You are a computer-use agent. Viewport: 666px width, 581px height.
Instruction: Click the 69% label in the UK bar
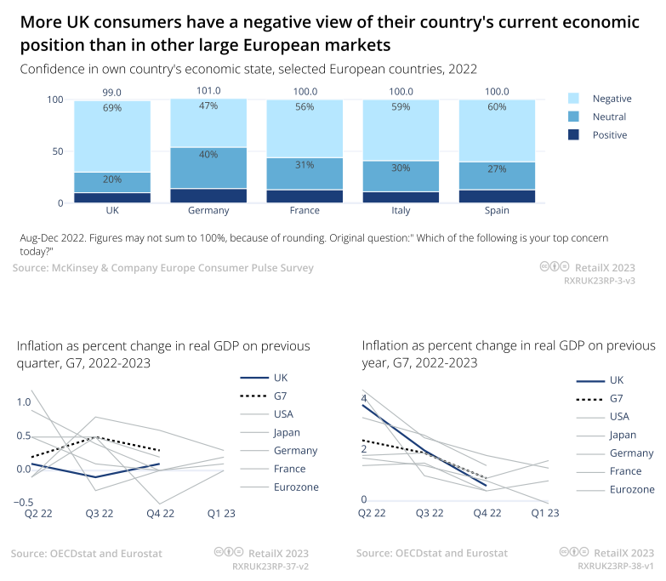(x=112, y=108)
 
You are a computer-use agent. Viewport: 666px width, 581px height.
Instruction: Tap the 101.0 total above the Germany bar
(x=208, y=91)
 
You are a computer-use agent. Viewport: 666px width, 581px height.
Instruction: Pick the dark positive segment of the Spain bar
(x=497, y=196)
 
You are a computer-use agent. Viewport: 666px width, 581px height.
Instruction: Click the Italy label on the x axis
(x=401, y=209)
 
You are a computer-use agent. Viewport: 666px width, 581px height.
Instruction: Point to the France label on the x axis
(x=305, y=209)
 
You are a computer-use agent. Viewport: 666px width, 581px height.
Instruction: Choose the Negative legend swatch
(x=572, y=99)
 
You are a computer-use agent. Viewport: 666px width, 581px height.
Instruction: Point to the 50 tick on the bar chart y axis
(x=57, y=151)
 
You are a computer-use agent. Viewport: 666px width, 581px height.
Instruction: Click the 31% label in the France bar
(x=305, y=165)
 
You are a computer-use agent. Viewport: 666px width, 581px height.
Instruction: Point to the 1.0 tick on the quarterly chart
(x=24, y=402)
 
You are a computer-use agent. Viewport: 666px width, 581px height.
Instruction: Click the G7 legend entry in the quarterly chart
(x=282, y=396)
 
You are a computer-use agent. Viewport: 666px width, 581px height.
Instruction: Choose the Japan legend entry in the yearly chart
(x=623, y=435)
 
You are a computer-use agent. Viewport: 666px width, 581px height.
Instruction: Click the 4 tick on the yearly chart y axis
(x=364, y=398)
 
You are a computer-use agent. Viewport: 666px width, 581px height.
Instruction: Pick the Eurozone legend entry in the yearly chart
(x=632, y=489)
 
